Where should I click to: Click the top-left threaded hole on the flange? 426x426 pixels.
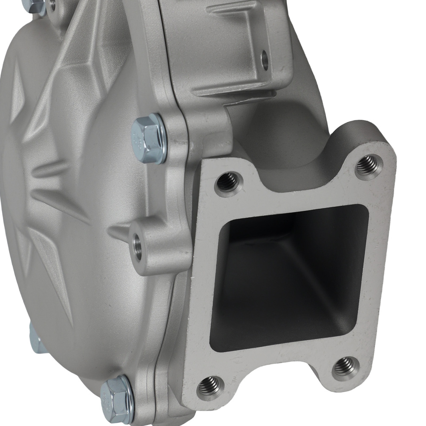pyautogui.click(x=228, y=182)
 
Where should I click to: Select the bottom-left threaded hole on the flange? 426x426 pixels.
pyautogui.click(x=210, y=386)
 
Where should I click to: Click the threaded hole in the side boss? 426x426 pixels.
pyautogui.click(x=138, y=246)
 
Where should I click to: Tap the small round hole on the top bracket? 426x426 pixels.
pyautogui.click(x=265, y=60)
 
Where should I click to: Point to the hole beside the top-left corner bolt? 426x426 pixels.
pyautogui.click(x=52, y=5)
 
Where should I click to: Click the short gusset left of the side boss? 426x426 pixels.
pyautogui.click(x=119, y=232)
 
